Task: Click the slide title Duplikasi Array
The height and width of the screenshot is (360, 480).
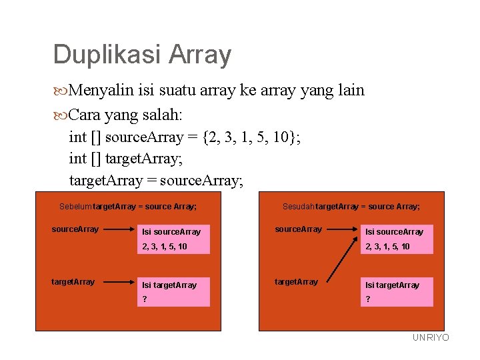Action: (142, 55)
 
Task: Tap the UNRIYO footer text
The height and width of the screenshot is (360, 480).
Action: (431, 338)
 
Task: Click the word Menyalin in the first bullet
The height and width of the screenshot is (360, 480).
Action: (99, 90)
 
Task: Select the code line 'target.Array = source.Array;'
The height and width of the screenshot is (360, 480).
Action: (156, 180)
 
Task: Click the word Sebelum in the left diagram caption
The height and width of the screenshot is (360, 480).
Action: (75, 207)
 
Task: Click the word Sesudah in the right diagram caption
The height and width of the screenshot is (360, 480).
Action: (298, 207)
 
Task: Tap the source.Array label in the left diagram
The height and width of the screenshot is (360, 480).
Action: (75, 229)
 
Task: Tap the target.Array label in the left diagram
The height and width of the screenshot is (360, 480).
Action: (73, 281)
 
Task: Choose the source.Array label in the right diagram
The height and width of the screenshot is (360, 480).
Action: (299, 229)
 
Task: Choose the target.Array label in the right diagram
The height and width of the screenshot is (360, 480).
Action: (297, 281)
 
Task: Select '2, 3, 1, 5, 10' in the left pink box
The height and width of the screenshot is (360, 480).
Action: (165, 247)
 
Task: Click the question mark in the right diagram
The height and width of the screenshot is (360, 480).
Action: (367, 299)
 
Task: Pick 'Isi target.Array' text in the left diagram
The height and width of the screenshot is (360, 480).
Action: (169, 285)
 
